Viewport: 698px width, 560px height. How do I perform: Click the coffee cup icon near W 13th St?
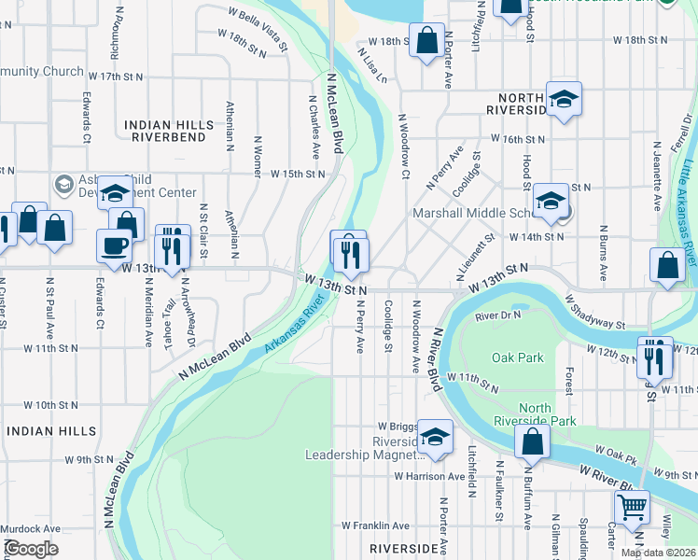(x=114, y=245)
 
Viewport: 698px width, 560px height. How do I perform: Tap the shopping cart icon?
(x=633, y=508)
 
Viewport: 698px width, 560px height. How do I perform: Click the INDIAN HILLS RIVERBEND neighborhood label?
(x=168, y=130)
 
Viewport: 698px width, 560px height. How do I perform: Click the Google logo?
(x=30, y=549)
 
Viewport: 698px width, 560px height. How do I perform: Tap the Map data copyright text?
(x=658, y=553)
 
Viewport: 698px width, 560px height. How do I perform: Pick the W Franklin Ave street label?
(x=375, y=525)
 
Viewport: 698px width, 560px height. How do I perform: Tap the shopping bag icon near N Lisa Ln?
(x=427, y=42)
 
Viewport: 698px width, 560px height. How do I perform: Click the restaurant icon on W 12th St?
(x=656, y=355)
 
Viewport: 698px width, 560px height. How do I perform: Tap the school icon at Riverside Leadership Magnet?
(x=434, y=437)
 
